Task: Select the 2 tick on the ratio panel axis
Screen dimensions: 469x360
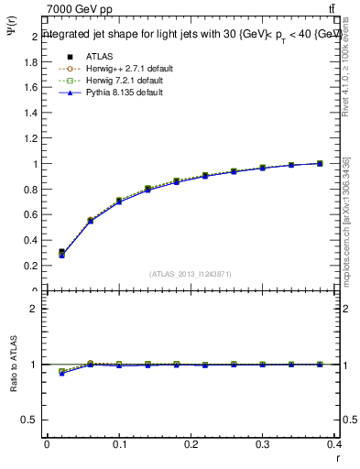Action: click(35, 309)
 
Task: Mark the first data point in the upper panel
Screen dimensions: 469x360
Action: click(61, 252)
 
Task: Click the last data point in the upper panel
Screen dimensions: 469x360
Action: click(320, 163)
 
